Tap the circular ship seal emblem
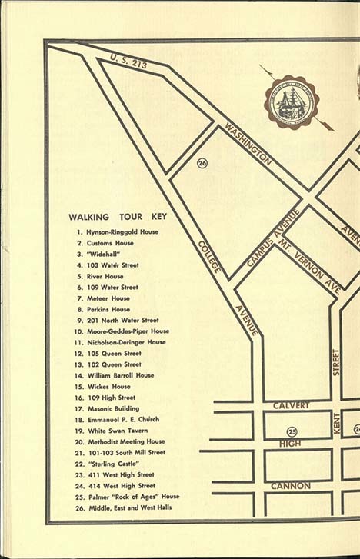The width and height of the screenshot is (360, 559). click(x=292, y=101)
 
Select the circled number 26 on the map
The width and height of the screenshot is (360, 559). click(x=202, y=163)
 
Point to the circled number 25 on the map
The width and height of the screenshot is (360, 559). click(x=292, y=431)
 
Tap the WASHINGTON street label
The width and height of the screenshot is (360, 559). click(x=248, y=144)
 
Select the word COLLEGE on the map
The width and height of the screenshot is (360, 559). click(x=209, y=255)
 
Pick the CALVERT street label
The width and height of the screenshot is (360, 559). click(x=291, y=405)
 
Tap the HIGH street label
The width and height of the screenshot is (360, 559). click(x=290, y=444)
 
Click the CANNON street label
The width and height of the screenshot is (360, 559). click(x=290, y=486)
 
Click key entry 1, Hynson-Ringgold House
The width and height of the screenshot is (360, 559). click(x=117, y=232)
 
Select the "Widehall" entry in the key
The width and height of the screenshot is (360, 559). click(x=103, y=254)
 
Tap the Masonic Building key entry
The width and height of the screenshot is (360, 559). click(x=113, y=408)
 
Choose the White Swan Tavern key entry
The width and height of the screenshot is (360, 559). click(x=117, y=431)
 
